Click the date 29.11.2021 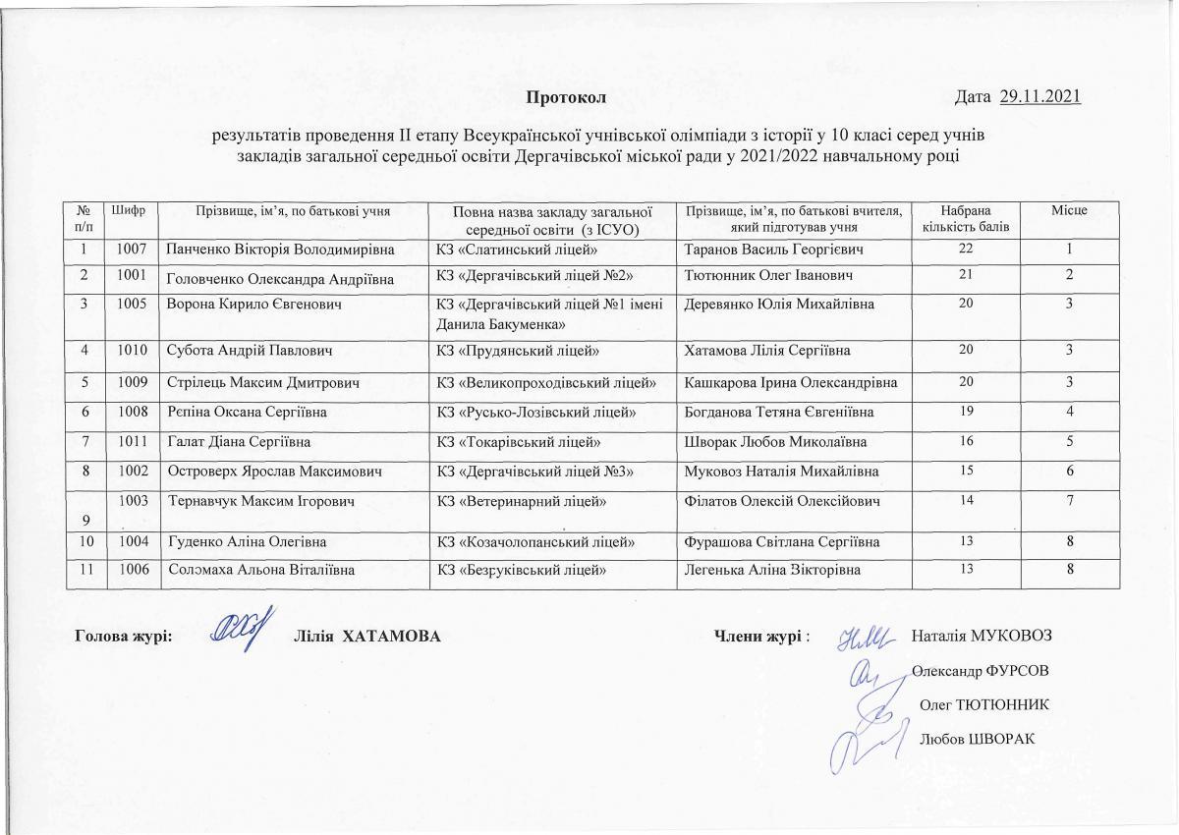[1039, 96]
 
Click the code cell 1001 [132, 277]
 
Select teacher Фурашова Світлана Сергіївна [782, 541]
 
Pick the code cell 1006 [132, 571]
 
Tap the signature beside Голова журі [240, 634]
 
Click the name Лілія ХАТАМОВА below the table [366, 637]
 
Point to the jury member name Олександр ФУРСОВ [980, 671]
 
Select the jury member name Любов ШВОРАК [978, 738]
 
